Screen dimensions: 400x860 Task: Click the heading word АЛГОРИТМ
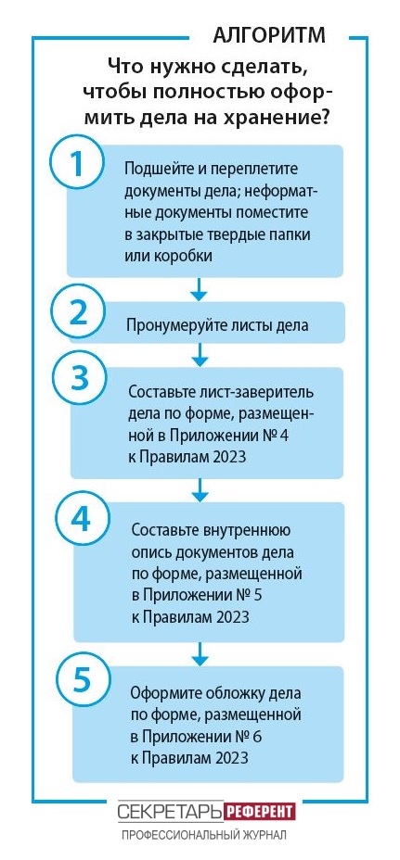tap(269, 35)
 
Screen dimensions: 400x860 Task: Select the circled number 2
tap(77, 314)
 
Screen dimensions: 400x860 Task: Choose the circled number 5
tap(82, 679)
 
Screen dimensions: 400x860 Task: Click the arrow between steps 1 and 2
tap(200, 289)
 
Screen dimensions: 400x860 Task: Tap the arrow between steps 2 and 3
tap(200, 355)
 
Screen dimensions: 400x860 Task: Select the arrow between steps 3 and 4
tap(201, 490)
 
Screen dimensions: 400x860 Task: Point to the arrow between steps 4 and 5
tap(201, 653)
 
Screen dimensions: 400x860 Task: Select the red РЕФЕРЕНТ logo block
tap(260, 811)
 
